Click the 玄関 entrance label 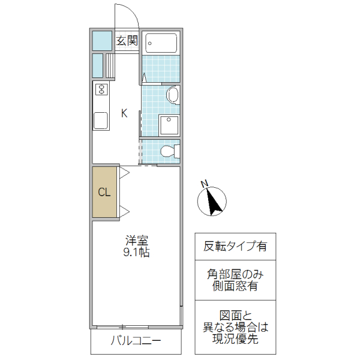127,41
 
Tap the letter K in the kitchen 124,113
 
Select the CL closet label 104,193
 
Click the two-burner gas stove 100,91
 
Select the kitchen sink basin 100,121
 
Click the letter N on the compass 205,184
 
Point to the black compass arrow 212,202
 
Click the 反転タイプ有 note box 235,247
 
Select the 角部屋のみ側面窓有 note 235,280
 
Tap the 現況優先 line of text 235,339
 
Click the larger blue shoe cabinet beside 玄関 102,40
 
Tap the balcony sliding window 122,327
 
